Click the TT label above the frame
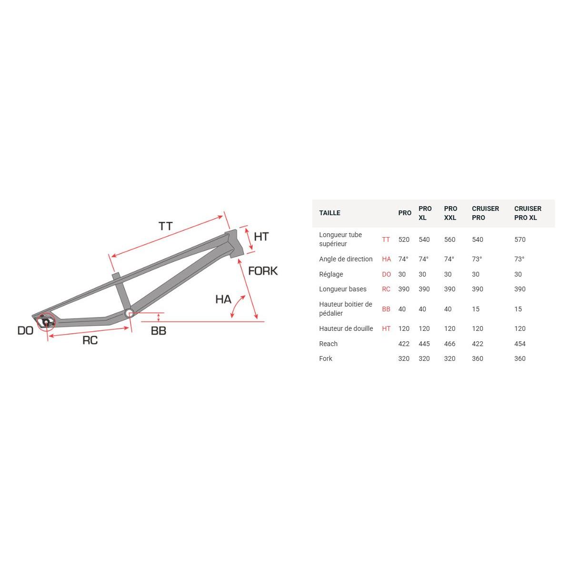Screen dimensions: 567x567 166,226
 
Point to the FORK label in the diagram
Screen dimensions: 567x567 263,271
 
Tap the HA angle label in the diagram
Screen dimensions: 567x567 223,299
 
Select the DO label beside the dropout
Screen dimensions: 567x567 25,330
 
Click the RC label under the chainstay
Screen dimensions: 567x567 90,340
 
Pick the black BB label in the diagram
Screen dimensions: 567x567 159,330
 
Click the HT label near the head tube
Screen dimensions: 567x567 261,237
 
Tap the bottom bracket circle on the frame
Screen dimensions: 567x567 129,313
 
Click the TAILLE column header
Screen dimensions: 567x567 329,213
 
